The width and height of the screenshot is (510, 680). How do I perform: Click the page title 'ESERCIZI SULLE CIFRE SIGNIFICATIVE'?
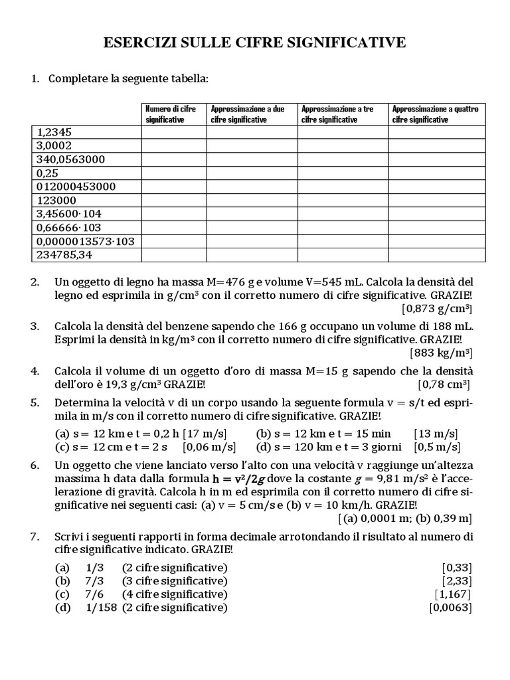click(255, 44)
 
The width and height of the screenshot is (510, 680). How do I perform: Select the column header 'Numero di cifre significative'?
click(171, 114)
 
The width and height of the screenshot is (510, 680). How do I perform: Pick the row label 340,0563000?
click(72, 159)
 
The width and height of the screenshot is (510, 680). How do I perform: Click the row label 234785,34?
click(66, 255)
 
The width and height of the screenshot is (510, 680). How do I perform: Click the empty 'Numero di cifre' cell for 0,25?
click(174, 173)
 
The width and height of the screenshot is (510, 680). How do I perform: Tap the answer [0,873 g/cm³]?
click(436, 309)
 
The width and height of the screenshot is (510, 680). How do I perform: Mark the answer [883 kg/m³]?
click(441, 353)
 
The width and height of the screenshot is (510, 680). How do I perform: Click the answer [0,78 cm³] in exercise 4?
click(444, 384)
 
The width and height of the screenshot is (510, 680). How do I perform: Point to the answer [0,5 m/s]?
click(436, 447)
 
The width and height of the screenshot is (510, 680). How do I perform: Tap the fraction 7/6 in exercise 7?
click(92, 594)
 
